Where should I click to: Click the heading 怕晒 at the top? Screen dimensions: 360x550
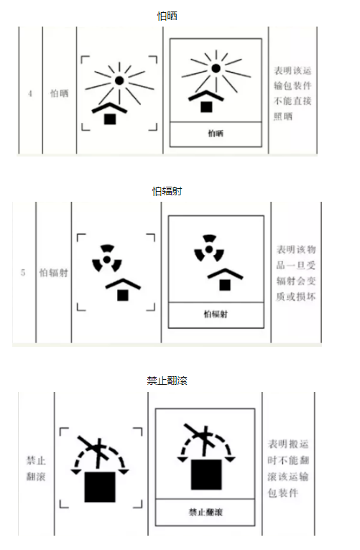167,16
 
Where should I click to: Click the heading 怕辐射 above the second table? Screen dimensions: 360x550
167,191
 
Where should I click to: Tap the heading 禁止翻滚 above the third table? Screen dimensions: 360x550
167,381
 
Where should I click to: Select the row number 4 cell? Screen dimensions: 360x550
30,93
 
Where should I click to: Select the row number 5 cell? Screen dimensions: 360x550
23,273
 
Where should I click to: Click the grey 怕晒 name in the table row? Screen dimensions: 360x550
60,93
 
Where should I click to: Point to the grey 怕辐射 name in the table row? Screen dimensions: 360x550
53,273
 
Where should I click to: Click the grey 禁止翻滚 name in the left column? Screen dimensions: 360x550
36,468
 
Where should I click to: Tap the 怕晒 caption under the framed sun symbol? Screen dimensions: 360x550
216,134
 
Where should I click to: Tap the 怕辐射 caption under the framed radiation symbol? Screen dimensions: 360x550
216,314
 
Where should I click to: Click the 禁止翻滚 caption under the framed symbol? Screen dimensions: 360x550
206,512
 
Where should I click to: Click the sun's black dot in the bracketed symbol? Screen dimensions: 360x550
119,80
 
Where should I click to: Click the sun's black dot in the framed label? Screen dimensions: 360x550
216,68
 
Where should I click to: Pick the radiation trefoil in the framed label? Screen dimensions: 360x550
209,248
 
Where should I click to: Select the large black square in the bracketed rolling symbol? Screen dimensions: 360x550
100,487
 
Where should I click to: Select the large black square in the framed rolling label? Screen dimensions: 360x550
206,474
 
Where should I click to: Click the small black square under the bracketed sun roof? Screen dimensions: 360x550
110,119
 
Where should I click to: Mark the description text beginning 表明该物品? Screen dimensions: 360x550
296,274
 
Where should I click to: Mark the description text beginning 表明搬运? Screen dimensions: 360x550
288,469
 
